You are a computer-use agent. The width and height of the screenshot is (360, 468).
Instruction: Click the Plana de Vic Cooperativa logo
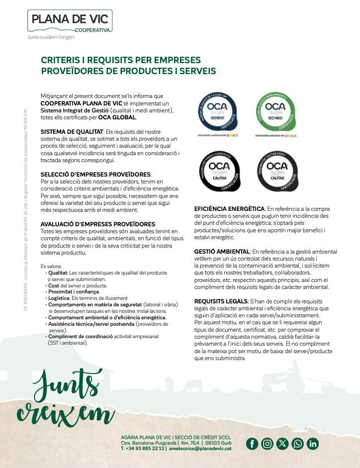pyautogui.click(x=70, y=22)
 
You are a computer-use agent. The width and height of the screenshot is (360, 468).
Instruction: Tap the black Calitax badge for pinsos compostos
pyautogui.click(x=218, y=169)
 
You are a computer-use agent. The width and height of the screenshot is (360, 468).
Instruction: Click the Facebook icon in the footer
pyautogui.click(x=252, y=444)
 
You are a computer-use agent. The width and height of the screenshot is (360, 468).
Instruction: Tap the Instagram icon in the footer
pyautogui.click(x=267, y=444)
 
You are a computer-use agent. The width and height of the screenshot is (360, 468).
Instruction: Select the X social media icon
pyautogui.click(x=282, y=444)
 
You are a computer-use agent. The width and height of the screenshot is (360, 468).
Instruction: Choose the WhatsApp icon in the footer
pyautogui.click(x=297, y=444)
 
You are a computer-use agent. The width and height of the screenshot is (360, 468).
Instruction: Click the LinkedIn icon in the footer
pyautogui.click(x=313, y=444)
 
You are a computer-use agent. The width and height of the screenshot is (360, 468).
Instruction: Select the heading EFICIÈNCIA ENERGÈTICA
pyautogui.click(x=229, y=209)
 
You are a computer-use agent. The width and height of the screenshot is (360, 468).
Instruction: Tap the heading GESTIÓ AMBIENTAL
pyautogui.click(x=221, y=252)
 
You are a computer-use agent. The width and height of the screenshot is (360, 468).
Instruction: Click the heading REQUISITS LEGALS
pyautogui.click(x=221, y=301)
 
